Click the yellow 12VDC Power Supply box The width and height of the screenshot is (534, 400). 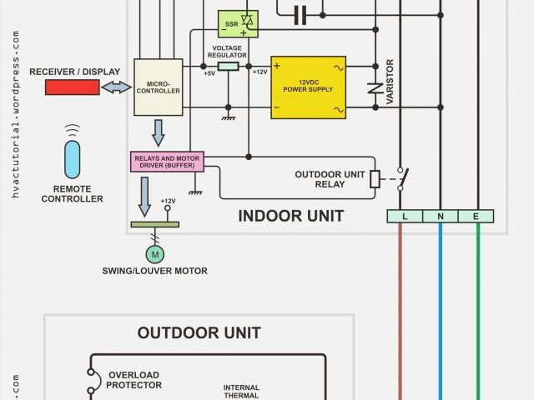(308, 87)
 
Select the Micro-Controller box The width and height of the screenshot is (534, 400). (158, 87)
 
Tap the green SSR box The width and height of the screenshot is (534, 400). (238, 23)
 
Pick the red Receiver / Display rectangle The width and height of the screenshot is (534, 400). (72, 87)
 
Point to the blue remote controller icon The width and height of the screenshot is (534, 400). (73, 159)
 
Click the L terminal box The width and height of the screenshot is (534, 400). (405, 216)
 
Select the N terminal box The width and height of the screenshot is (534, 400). (441, 216)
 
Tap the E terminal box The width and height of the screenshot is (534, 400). (477, 216)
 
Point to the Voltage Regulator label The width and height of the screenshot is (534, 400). (227, 52)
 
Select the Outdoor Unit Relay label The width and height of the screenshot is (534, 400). (330, 179)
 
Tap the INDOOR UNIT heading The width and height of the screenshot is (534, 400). (290, 216)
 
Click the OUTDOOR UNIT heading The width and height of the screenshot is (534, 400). (199, 332)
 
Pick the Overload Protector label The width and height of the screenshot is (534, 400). (133, 380)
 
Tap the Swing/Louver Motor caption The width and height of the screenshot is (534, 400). (154, 271)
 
